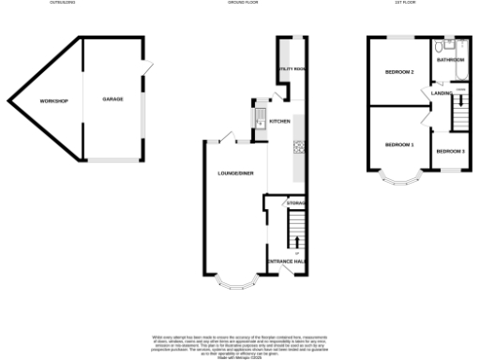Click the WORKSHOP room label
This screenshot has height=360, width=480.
[53, 100]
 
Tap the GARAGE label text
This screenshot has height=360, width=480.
[113, 97]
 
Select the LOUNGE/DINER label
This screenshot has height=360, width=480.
[235, 173]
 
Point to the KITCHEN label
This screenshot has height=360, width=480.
[280, 122]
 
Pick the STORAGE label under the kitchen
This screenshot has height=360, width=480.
[297, 202]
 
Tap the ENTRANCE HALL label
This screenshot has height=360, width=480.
[286, 260]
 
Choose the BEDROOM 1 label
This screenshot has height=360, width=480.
[399, 145]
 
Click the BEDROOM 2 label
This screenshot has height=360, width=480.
[399, 71]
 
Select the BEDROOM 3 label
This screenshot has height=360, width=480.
[450, 151]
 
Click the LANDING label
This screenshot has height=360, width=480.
[442, 93]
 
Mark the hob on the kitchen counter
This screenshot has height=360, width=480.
[298, 147]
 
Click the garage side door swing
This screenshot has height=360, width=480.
[146, 68]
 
